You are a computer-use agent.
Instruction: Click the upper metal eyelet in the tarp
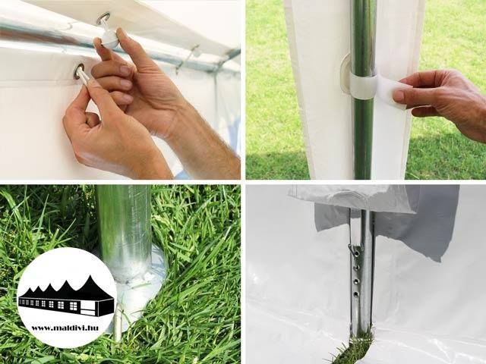[x=103, y=18]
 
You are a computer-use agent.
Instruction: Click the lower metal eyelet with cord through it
[x=79, y=71]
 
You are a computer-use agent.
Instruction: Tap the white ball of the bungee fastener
[x=110, y=41]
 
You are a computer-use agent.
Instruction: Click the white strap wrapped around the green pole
[x=363, y=86]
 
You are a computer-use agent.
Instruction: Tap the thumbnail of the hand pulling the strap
[x=399, y=94]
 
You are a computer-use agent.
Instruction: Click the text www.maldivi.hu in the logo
[x=65, y=328]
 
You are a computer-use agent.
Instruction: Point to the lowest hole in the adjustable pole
[x=356, y=294]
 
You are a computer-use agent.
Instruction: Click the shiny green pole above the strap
[x=363, y=37]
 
